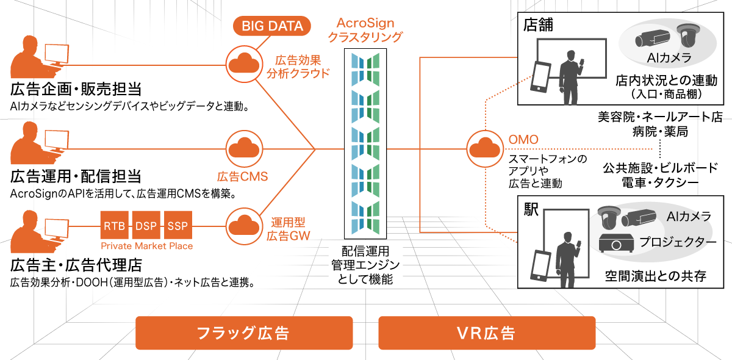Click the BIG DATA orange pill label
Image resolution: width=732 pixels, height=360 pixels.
point(273,26)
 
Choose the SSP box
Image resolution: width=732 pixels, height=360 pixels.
point(178,226)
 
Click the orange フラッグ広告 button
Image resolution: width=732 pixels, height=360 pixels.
point(243,333)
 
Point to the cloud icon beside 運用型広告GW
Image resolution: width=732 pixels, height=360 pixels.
point(243,225)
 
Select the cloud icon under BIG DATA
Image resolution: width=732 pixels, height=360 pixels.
point(243,63)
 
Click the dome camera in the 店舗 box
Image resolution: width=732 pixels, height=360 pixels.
point(689,37)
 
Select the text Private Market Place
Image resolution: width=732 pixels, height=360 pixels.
point(146,246)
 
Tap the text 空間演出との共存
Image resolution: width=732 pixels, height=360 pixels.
point(655,276)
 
